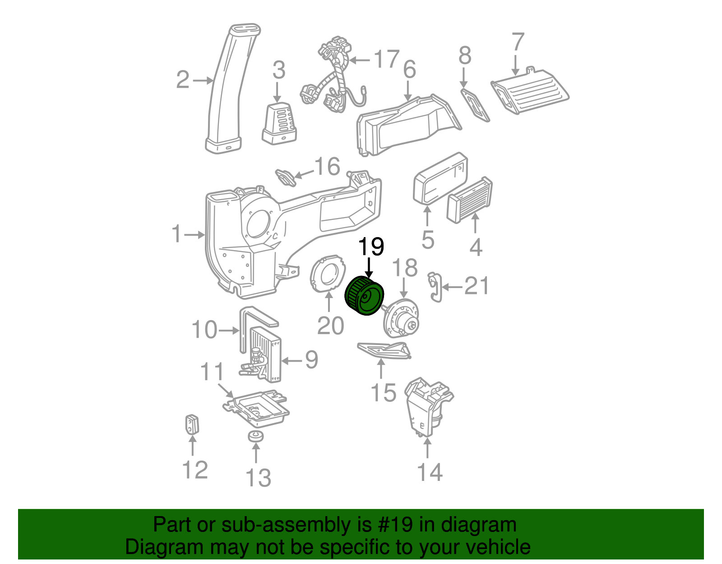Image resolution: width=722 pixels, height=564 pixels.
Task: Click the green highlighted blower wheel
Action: click(x=364, y=296)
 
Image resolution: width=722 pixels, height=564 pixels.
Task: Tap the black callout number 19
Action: click(x=371, y=247)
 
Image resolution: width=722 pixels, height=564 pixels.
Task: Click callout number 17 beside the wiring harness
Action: click(x=387, y=59)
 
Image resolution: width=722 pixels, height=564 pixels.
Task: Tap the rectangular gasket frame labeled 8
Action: click(x=475, y=105)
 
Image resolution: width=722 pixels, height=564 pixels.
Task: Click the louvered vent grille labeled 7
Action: click(x=530, y=90)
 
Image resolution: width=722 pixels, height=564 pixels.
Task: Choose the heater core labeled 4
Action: click(x=469, y=200)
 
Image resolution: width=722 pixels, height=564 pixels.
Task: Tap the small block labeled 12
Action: click(x=192, y=424)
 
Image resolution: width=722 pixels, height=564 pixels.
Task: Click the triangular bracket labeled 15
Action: click(x=383, y=351)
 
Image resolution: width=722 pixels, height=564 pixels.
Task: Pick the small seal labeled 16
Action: click(x=286, y=177)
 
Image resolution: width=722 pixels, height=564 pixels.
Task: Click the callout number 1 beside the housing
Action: click(x=176, y=234)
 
